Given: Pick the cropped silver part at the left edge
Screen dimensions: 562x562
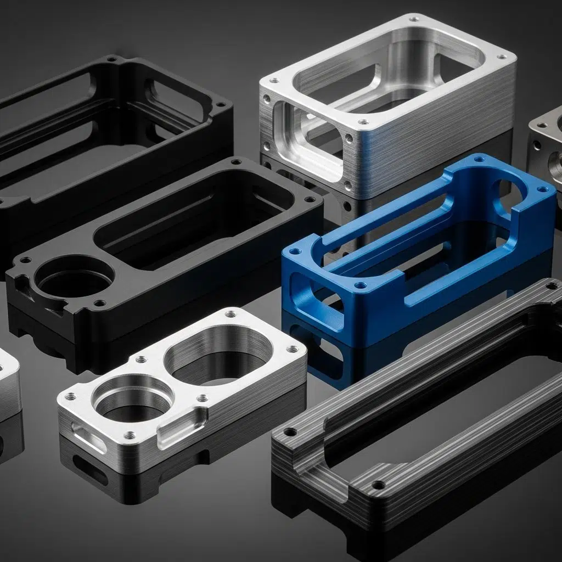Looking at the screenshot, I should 8,384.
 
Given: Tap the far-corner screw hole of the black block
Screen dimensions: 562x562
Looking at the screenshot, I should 237,161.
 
